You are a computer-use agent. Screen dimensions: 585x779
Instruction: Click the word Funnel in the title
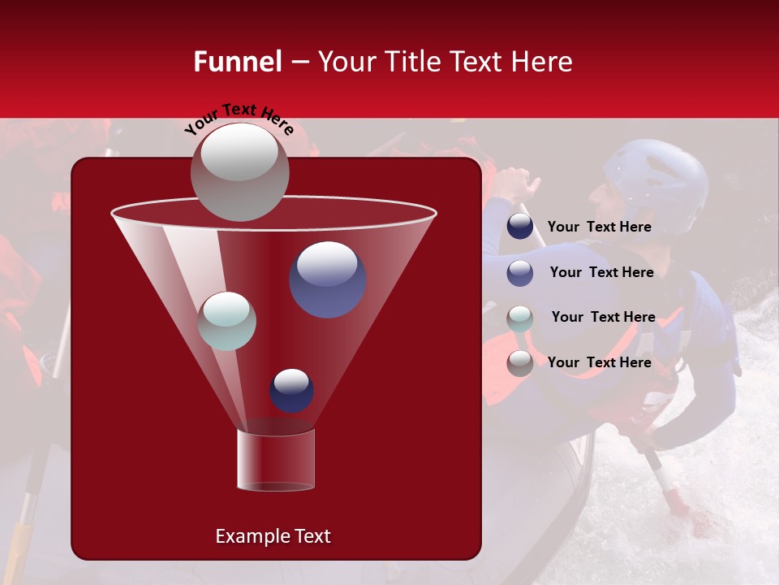point(237,62)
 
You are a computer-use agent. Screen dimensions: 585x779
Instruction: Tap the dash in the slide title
point(299,62)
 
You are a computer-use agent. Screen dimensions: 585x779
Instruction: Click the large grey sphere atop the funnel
point(239,171)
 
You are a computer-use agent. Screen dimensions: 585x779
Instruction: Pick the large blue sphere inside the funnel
point(327,279)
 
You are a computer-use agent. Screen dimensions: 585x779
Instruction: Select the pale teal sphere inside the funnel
point(226,321)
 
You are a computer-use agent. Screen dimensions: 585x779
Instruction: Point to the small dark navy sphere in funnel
point(291,390)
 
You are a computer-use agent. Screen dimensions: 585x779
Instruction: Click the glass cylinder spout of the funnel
point(276,459)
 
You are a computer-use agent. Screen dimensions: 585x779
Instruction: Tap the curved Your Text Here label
point(239,119)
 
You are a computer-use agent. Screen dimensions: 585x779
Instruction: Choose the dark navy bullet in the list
point(520,227)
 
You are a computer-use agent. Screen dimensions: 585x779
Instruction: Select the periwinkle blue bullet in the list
point(520,273)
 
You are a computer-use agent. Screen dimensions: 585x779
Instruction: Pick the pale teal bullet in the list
point(520,318)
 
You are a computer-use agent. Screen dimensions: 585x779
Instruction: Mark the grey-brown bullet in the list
point(520,363)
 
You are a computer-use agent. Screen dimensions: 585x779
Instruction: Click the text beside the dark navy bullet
point(599,227)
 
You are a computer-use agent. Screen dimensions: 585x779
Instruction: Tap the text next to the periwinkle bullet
point(601,273)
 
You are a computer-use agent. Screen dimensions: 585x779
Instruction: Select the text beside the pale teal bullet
point(603,318)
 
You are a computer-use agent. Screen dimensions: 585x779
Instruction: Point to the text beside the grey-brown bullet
point(599,363)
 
